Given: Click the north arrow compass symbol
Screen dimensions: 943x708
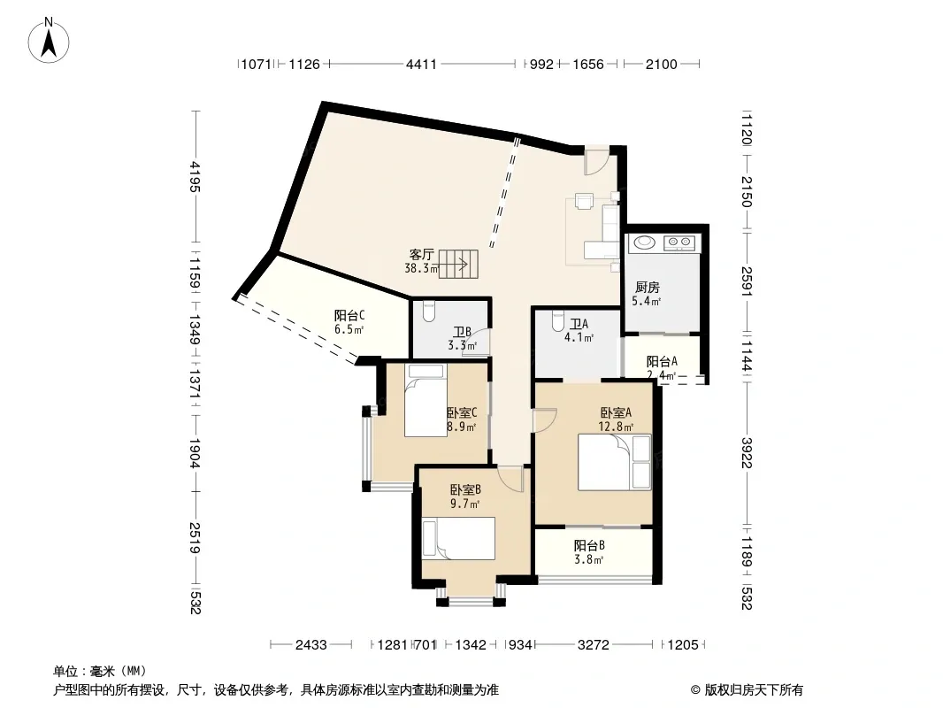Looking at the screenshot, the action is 49,41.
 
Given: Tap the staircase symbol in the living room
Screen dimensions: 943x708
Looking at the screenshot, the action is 457,264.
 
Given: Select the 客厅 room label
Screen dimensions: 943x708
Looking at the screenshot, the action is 421,254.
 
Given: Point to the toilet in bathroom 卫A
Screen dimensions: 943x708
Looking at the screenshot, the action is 557,321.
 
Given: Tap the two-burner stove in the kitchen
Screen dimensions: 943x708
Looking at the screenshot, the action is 679,242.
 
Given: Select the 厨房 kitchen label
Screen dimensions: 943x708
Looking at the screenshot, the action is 648,288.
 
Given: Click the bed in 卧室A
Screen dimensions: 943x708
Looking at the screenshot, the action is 614,462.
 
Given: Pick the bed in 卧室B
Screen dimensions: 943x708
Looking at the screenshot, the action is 458,538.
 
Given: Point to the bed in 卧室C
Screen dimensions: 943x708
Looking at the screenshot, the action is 425,400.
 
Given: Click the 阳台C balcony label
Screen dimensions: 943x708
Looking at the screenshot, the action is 349,315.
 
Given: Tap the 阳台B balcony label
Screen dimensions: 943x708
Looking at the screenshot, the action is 589,545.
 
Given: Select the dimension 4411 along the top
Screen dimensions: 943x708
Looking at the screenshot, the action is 421,64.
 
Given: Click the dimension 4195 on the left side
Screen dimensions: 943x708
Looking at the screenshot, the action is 195,176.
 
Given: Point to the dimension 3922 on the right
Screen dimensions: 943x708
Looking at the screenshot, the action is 747,452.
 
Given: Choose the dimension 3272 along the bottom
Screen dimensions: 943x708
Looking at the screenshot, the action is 593,645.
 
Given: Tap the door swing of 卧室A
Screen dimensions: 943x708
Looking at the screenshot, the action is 546,419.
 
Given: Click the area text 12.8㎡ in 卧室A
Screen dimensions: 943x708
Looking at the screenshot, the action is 615,427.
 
